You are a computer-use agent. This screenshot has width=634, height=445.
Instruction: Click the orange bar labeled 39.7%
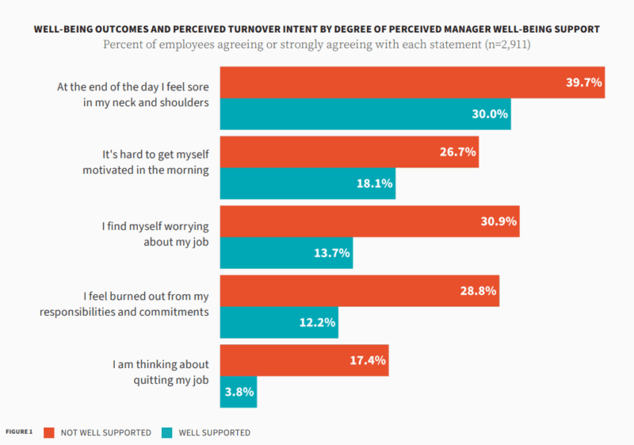(412, 82)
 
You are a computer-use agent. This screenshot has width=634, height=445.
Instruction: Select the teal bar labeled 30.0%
(365, 113)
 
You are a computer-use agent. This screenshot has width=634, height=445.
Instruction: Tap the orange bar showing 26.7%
(349, 152)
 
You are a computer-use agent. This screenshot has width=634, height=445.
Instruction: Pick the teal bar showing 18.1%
(307, 183)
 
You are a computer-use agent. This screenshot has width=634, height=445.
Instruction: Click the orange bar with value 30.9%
(369, 221)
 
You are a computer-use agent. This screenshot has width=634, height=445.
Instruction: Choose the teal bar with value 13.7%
(285, 253)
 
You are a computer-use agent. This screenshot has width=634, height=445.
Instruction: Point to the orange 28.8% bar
(358, 291)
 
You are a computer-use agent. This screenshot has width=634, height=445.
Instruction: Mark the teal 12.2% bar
(278, 323)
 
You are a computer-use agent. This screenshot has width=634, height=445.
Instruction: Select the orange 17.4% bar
(304, 360)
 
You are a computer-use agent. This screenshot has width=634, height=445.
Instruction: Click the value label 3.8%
(238, 392)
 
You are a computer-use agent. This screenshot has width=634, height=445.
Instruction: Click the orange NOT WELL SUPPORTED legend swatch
(48, 432)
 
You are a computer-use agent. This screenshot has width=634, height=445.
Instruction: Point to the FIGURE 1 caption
(19, 432)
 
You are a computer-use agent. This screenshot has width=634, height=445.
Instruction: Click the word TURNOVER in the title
(281, 29)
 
